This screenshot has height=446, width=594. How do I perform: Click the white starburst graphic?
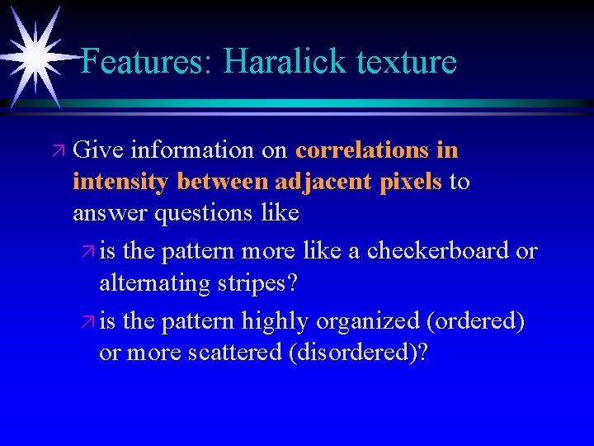[35, 56]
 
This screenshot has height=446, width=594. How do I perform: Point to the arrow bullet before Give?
[56, 151]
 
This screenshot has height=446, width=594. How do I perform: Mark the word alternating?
[148, 283]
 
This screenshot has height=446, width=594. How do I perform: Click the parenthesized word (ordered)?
[478, 320]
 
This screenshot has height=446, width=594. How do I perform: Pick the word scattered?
[234, 352]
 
